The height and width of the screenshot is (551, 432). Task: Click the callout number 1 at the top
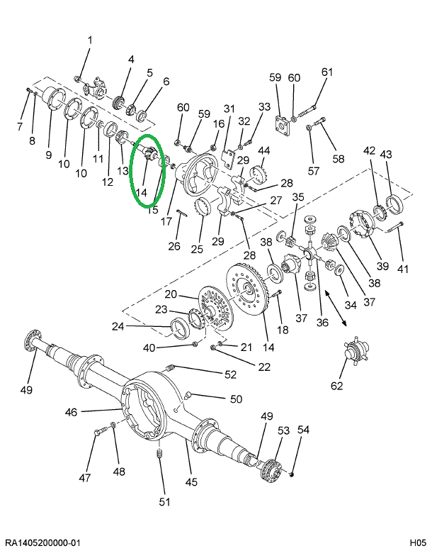pos(90,40)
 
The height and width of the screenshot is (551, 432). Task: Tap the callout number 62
pos(336,386)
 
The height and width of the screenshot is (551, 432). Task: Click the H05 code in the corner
pos(416,542)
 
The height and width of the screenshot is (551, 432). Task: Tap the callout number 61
pos(326,72)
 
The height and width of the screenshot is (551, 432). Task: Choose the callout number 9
pos(49,155)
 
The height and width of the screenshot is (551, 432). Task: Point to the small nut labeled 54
pos(292,473)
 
